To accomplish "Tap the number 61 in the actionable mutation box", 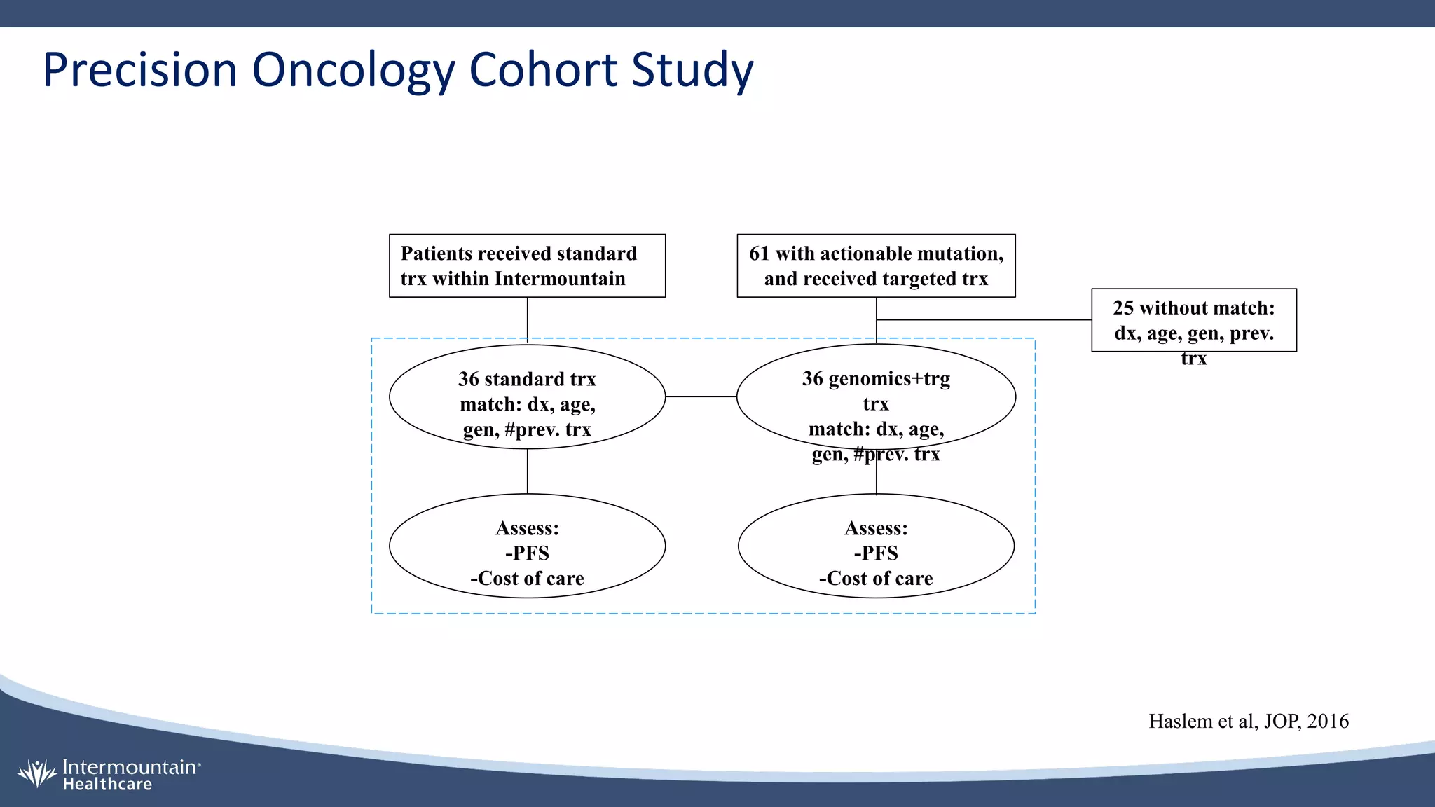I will coord(759,254).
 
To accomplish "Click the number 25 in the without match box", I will coord(1122,308).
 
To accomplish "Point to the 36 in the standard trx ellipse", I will coord(468,379).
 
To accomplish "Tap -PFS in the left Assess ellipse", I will coord(527,553).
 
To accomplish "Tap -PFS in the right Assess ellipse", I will coord(876,553).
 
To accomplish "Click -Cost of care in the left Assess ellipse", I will coord(527,579).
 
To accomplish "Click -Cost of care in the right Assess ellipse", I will coord(876,579).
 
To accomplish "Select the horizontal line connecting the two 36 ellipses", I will coord(701,396).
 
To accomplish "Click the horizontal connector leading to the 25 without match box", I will coord(981,320).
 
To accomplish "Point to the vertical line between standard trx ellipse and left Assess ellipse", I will coord(527,471).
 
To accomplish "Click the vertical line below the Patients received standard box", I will coord(527,319).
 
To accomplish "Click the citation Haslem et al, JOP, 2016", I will coord(1248,722).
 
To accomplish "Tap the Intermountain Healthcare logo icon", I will coord(36,773).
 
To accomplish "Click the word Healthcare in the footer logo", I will coord(107,785).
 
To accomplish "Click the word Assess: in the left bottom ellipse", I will coord(527,528).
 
